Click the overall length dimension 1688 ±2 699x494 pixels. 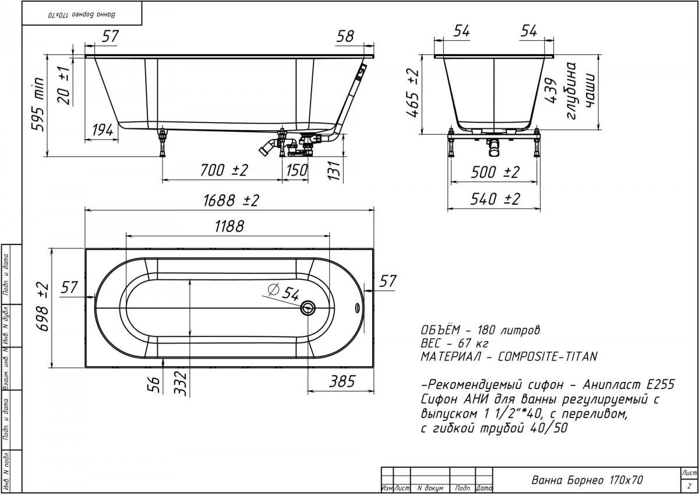click(231, 200)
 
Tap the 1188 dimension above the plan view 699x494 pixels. click(230, 226)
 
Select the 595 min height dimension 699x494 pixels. click(38, 104)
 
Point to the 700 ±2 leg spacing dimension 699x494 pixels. click(224, 170)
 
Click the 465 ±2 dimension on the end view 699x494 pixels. click(413, 93)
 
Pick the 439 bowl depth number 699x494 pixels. click(551, 90)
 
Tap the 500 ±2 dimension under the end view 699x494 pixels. click(495, 172)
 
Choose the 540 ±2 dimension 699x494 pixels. click(495, 199)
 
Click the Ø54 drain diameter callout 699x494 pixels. click(283, 292)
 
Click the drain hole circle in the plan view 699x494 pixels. click(308, 309)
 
